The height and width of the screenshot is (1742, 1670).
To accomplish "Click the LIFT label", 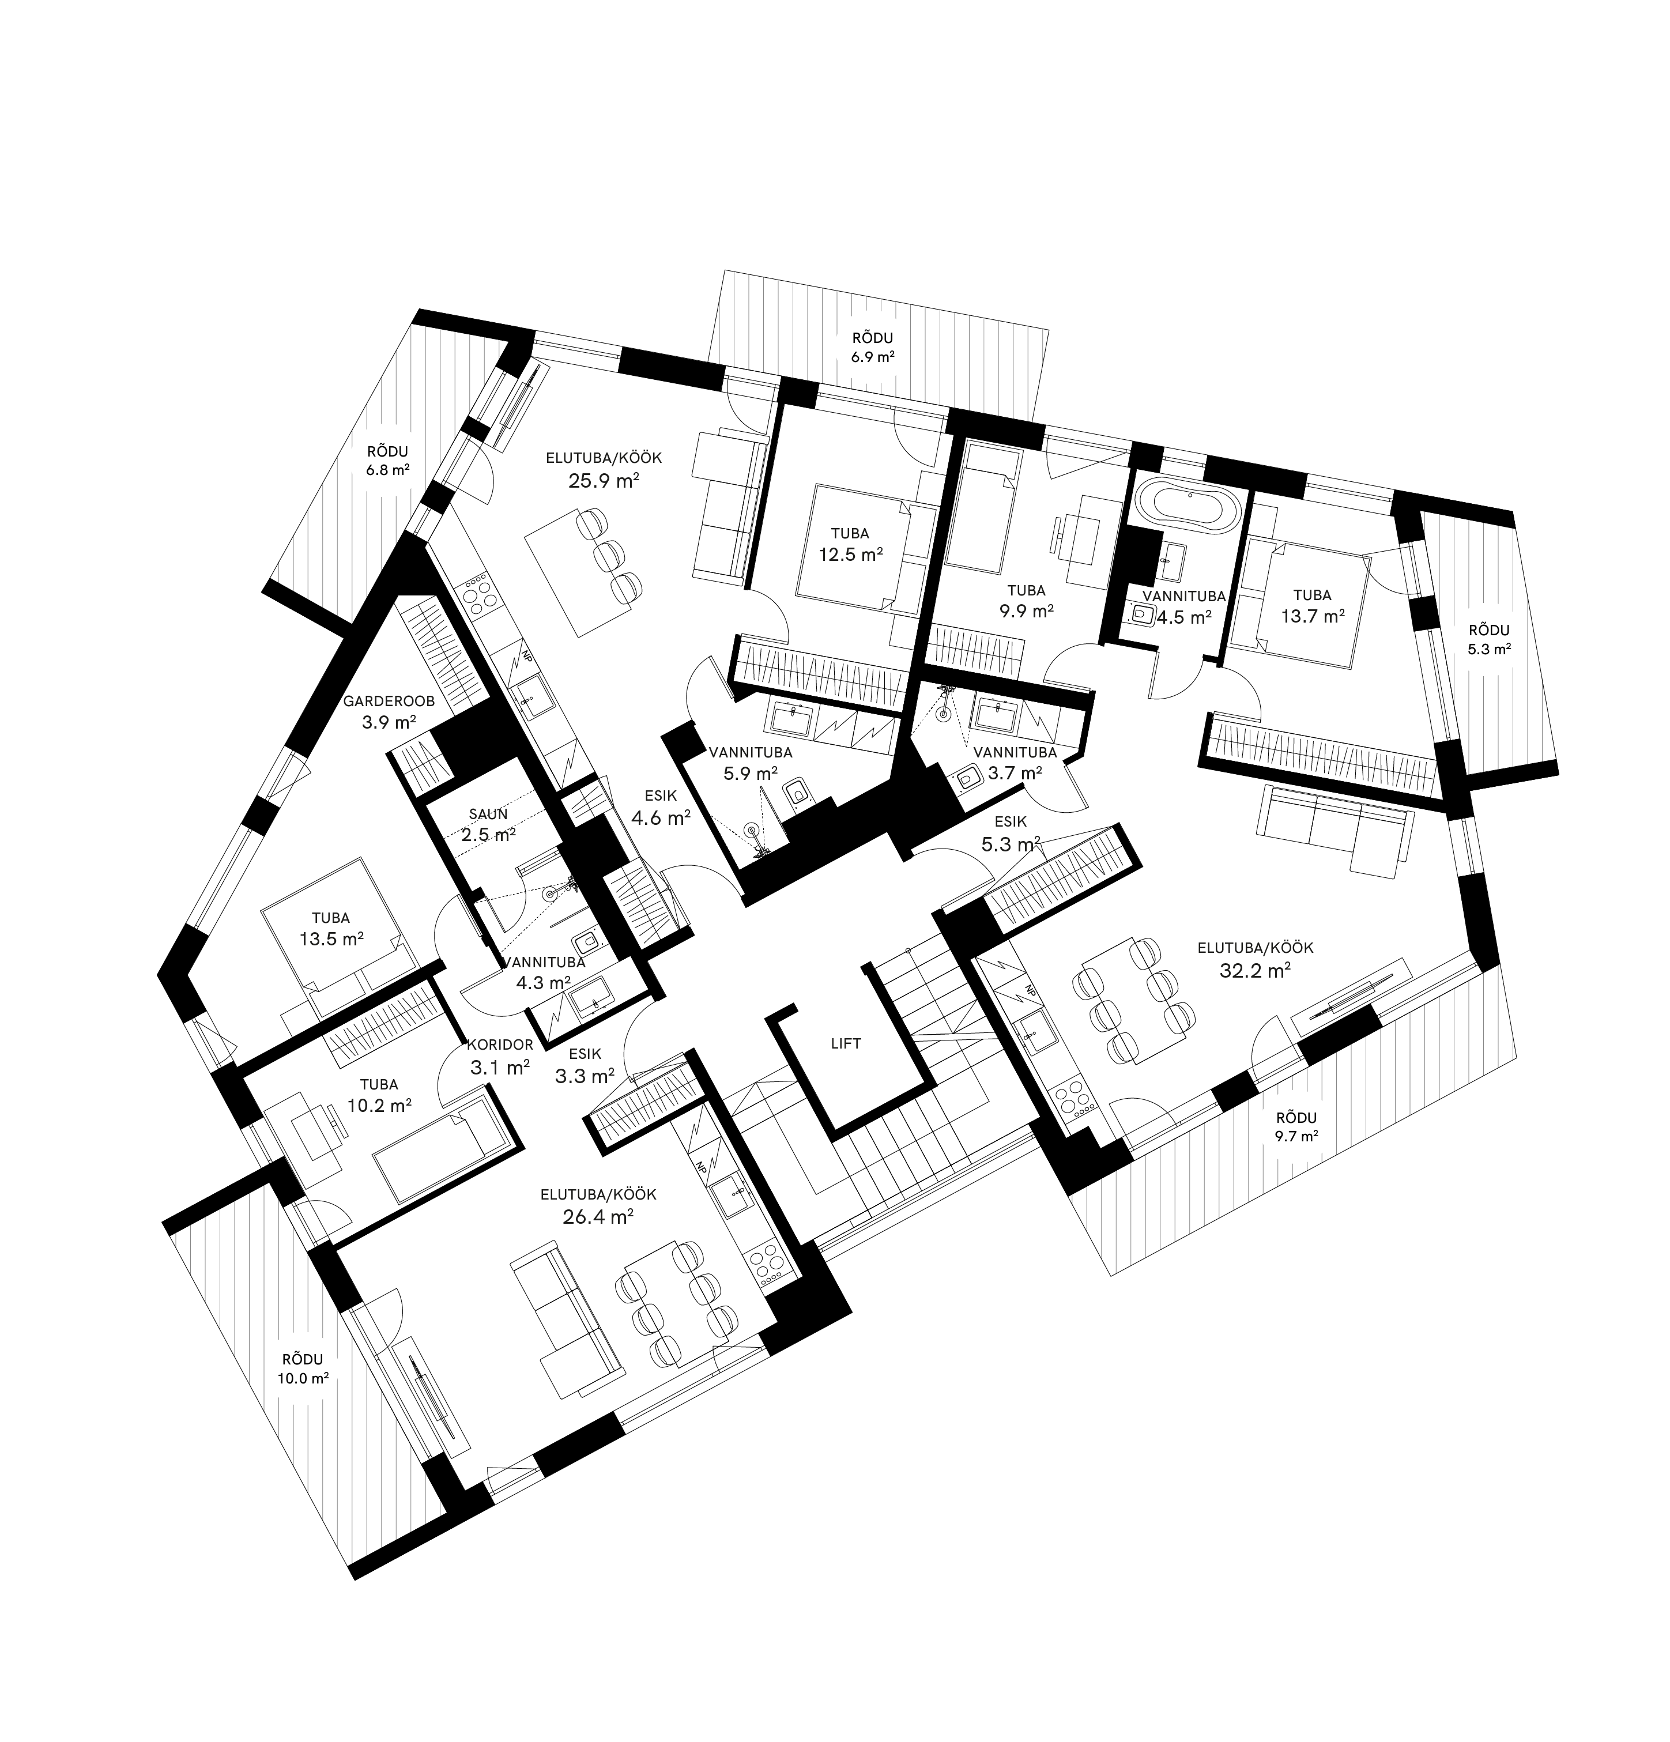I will [845, 1043].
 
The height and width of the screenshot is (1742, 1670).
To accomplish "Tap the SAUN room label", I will [488, 813].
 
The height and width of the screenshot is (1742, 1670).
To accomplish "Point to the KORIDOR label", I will [499, 1045].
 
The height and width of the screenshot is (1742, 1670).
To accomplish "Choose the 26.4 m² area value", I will [597, 1217].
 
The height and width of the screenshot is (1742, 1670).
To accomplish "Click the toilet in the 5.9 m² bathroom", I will [796, 790].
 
